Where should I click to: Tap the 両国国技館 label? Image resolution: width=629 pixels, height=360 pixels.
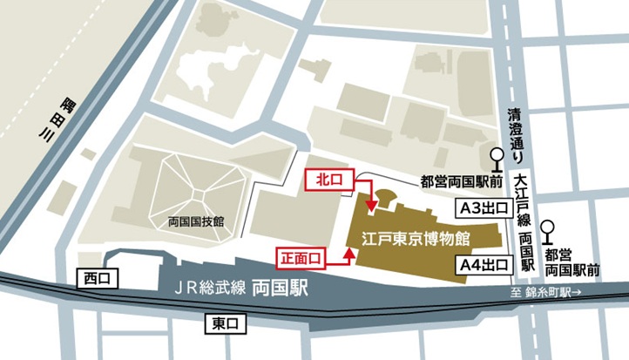point(196,221)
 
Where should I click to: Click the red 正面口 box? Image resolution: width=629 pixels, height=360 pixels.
point(301,257)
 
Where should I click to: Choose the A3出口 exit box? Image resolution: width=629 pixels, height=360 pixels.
point(484,207)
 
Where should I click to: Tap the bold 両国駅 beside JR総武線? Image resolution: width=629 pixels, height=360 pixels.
point(280,289)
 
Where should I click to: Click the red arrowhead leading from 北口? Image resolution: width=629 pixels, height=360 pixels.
point(372,207)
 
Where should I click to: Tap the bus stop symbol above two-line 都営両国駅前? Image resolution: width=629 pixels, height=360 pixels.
point(548,230)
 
